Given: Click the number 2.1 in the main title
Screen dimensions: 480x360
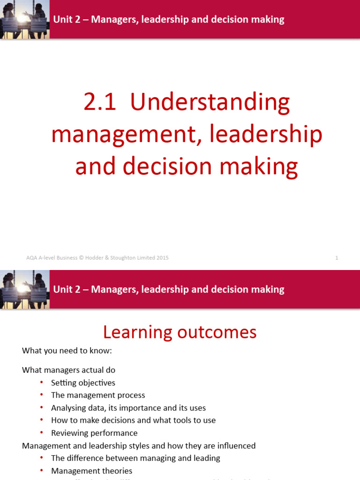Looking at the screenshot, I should point(100,102).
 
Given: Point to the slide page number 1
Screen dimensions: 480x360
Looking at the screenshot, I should point(337,258).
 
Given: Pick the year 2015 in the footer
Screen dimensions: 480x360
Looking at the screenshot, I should point(162,258).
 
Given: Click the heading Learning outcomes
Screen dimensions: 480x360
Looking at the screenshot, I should point(180,332).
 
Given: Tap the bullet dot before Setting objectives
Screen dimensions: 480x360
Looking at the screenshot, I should point(42,383).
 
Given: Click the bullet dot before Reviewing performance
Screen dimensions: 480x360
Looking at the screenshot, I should point(42,433).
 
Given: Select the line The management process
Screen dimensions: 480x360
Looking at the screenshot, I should point(98,395).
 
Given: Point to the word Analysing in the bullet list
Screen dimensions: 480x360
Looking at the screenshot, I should point(68,408).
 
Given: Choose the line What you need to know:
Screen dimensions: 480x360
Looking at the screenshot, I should point(67,351).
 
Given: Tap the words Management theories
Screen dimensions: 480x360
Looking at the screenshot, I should point(91,471).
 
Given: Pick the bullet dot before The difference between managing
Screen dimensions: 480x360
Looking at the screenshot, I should point(42,458).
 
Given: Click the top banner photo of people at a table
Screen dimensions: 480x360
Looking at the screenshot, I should point(24,19).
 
